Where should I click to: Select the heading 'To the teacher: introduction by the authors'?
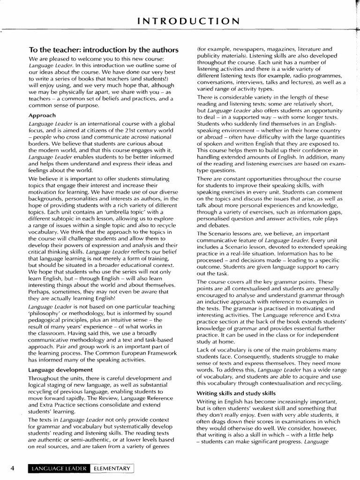(104, 50)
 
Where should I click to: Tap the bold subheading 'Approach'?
(42, 115)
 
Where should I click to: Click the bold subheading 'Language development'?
(60, 370)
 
